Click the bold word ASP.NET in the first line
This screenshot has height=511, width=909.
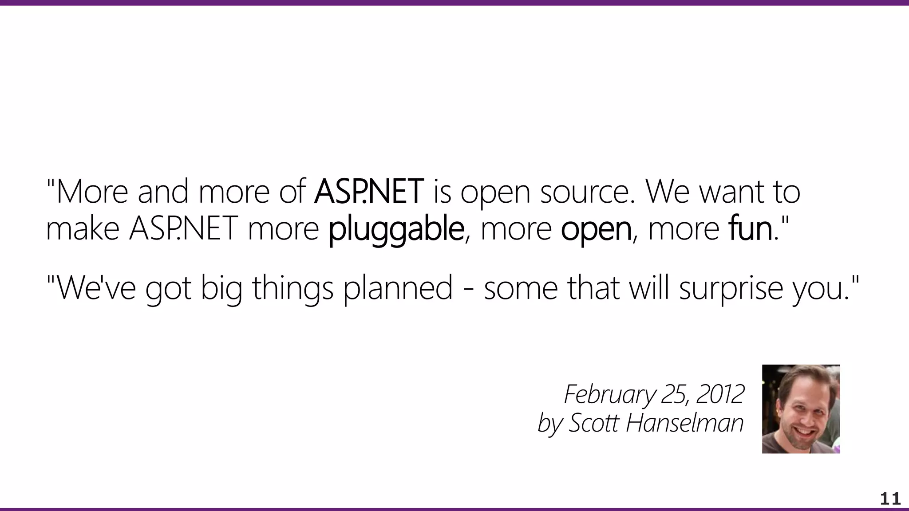pos(368,192)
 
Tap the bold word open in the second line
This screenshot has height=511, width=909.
pos(596,229)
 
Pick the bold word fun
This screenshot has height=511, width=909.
pos(750,229)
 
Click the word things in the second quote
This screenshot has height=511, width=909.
pos(292,287)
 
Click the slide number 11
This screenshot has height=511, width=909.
pos(890,499)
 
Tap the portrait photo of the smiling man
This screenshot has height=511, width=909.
pos(801,409)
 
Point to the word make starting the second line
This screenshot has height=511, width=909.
pos(83,229)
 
